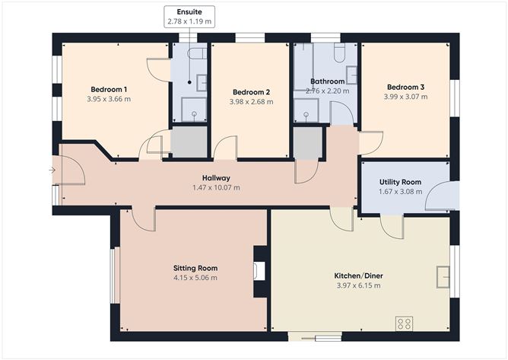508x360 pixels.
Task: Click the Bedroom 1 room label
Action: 109,89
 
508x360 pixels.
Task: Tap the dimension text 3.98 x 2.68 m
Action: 252,102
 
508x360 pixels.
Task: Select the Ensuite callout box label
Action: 189,12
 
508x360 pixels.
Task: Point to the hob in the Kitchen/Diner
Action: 405,323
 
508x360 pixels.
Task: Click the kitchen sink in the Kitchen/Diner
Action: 443,277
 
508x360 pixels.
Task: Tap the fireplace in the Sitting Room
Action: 259,271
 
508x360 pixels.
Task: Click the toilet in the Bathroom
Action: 339,53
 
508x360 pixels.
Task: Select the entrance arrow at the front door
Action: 52,170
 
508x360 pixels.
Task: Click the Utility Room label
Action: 401,182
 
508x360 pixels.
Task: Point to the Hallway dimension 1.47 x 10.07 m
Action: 217,187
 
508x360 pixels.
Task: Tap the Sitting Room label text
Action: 195,268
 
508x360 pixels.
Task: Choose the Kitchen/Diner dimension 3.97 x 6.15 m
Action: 359,285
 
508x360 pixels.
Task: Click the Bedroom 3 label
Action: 405,87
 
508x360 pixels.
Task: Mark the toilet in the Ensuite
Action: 197,53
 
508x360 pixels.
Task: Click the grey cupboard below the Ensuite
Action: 189,142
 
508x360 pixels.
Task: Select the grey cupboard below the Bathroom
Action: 308,143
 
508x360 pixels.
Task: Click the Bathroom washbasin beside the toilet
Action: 351,75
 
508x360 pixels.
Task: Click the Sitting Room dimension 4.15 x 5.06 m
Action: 195,278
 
